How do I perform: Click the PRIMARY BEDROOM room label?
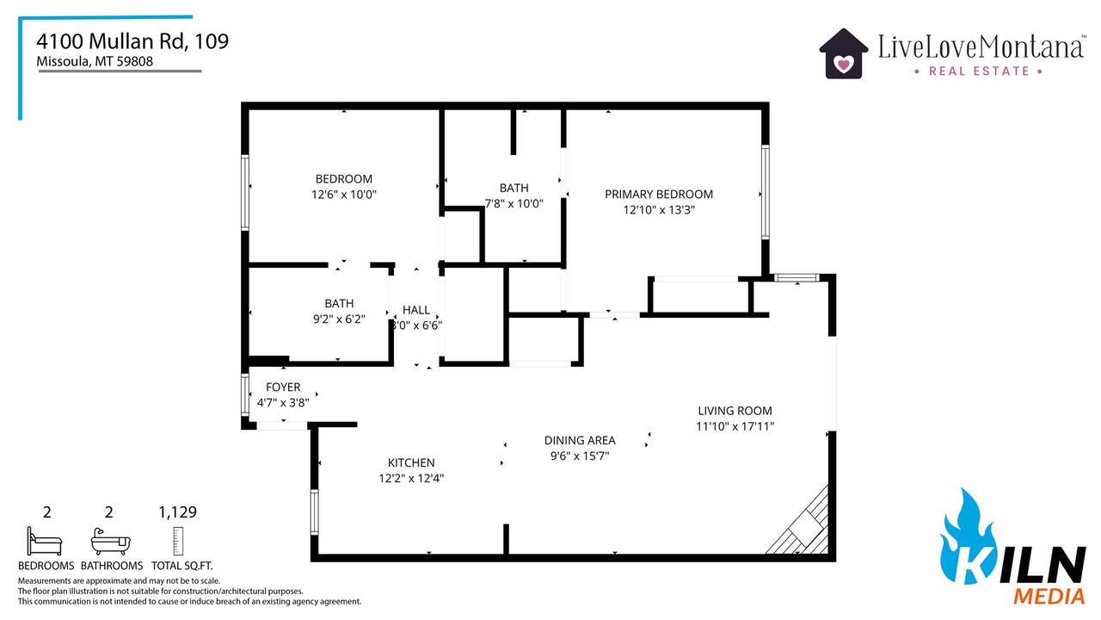659,195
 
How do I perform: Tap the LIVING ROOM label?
735,411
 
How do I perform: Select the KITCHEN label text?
411,463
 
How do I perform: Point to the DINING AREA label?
580,440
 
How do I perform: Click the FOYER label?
283,387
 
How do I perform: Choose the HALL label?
416,310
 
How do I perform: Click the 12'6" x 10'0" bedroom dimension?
343,195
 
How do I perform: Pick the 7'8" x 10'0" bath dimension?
514,203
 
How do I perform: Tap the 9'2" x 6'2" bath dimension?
339,319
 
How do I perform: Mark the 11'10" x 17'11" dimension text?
735,426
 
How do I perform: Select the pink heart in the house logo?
844,64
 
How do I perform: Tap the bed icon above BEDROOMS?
45,542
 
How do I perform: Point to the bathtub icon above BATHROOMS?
111,542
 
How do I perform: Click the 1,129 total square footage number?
177,512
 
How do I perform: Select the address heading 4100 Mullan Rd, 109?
132,41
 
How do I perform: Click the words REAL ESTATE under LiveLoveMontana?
979,71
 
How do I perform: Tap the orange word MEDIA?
1049,597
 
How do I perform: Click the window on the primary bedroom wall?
766,192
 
